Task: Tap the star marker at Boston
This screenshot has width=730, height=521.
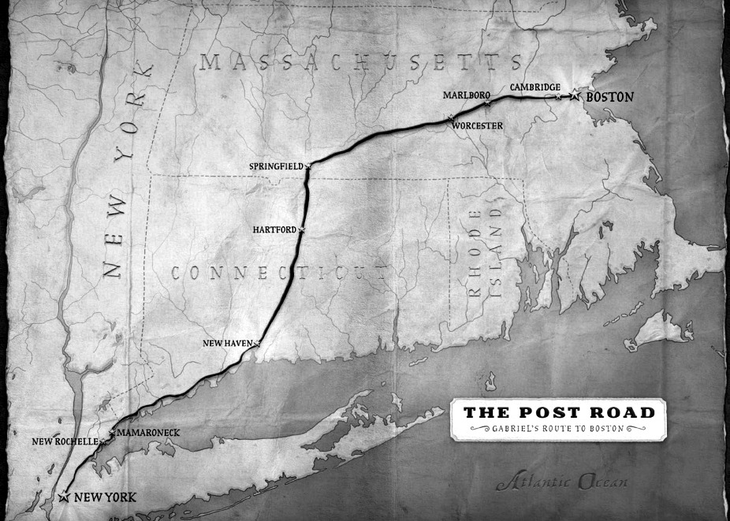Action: (x=575, y=95)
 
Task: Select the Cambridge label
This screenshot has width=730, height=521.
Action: (x=535, y=87)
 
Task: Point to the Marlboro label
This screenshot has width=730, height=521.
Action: (x=462, y=95)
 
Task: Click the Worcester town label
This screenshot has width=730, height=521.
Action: (x=478, y=125)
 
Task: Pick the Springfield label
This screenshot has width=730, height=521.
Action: (x=275, y=166)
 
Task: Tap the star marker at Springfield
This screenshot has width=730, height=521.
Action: (x=308, y=166)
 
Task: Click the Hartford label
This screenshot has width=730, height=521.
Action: (x=274, y=229)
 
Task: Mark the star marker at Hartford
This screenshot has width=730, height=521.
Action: (x=301, y=229)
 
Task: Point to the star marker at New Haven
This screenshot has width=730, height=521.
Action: (x=257, y=344)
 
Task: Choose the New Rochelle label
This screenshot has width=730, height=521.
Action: (x=64, y=441)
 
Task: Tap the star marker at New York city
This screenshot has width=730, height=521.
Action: (x=63, y=497)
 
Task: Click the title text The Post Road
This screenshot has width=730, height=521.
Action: (x=558, y=412)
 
